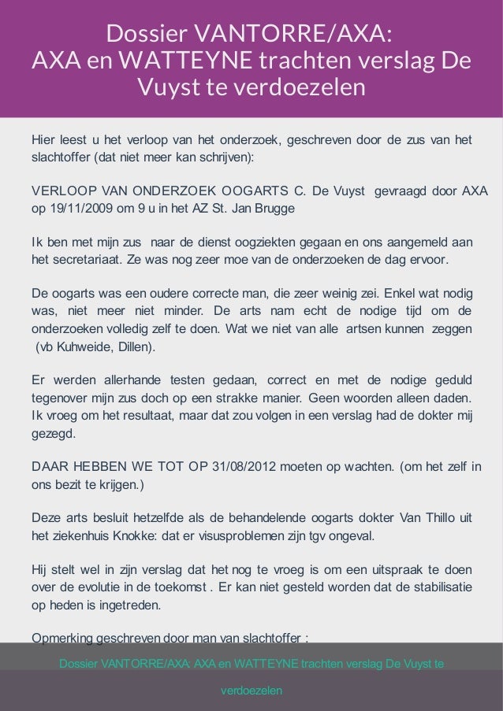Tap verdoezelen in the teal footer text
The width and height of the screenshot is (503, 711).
pos(251,691)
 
